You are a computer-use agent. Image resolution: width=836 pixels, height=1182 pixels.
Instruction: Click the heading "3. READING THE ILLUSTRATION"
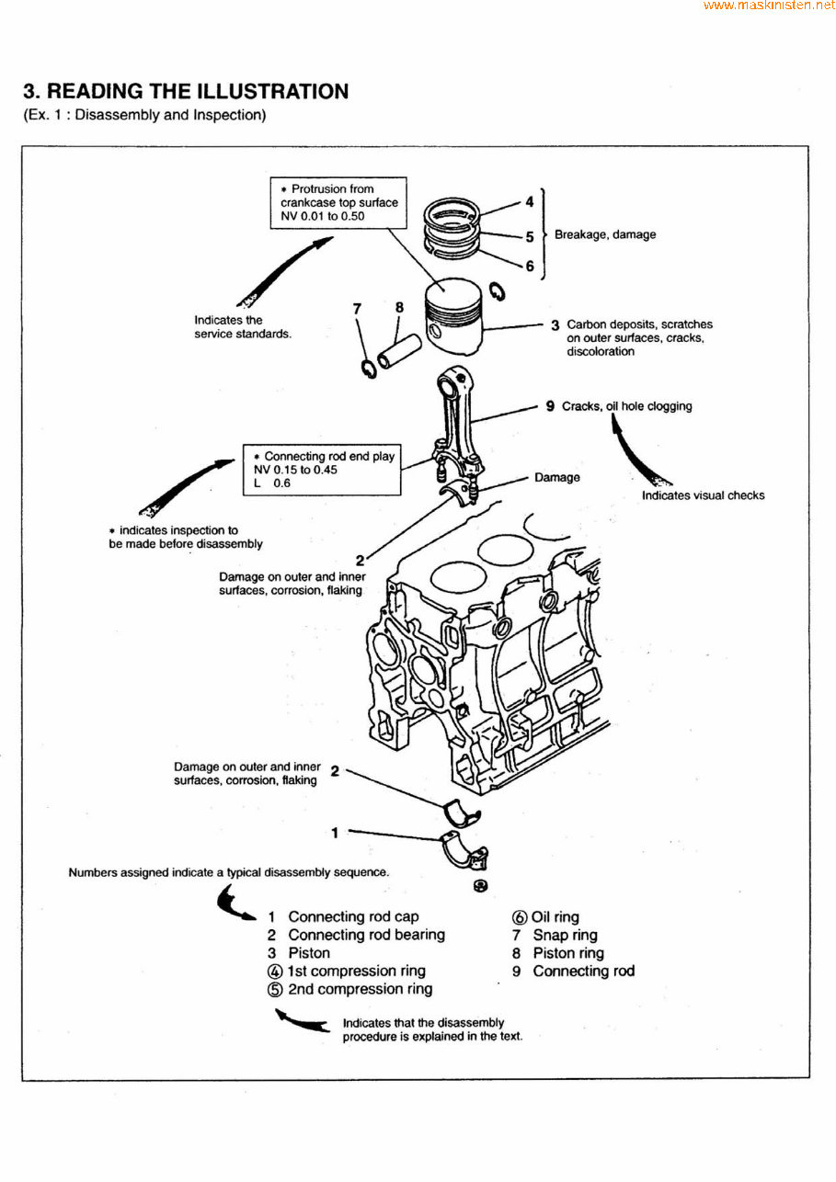coord(186,92)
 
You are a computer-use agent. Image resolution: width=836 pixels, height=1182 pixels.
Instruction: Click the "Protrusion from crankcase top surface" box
coord(339,202)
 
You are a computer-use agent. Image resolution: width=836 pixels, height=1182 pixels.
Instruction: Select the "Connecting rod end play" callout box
coord(323,470)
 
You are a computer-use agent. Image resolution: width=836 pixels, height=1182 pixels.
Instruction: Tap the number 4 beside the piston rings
coord(529,201)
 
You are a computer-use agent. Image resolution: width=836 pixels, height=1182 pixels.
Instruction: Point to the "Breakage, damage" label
coord(604,234)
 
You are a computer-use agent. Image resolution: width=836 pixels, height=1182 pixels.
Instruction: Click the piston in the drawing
coord(454,316)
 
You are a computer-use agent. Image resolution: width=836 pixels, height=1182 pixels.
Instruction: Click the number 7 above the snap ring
coord(358,309)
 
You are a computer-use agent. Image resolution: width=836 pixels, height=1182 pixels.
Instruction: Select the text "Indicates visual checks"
coord(703,495)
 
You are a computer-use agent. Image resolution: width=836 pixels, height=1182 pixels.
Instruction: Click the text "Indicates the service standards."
coord(242,327)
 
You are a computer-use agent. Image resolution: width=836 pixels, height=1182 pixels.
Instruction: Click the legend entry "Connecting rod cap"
coord(353,916)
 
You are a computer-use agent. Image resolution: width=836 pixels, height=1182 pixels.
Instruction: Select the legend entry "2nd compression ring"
coord(360,989)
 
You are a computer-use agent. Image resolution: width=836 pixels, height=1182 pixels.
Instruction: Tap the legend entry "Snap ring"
coord(565,935)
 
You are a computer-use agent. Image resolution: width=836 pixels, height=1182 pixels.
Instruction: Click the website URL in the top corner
coord(769,6)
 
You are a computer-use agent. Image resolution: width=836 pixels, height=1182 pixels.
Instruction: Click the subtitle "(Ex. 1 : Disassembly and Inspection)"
coord(144,116)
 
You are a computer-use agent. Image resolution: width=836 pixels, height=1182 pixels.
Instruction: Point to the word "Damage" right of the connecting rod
coord(556,477)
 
